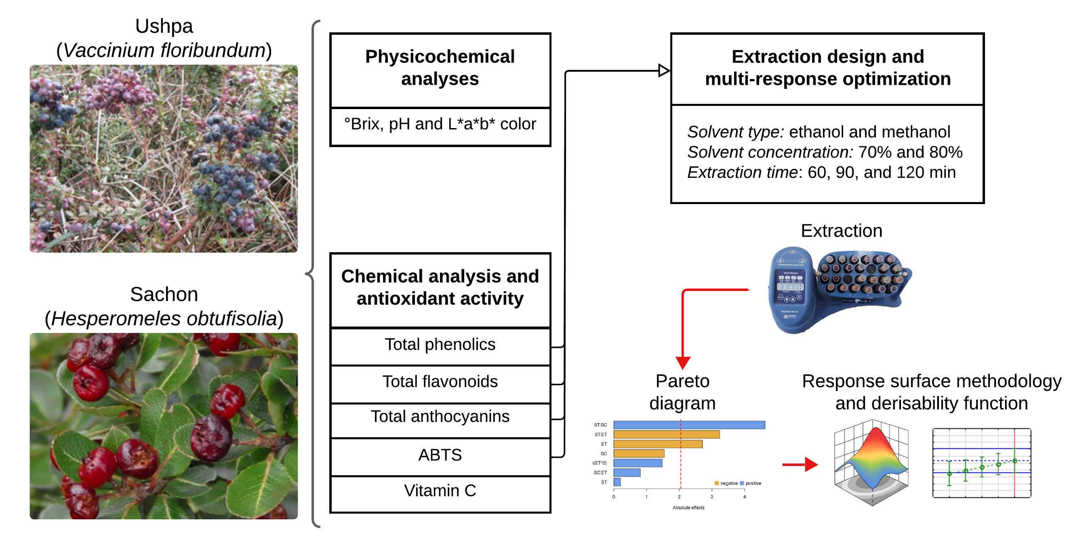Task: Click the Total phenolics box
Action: pyautogui.click(x=440, y=346)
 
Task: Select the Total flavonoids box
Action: pyautogui.click(x=440, y=382)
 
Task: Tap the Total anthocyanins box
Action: pyautogui.click(x=440, y=417)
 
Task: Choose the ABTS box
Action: pyautogui.click(x=440, y=455)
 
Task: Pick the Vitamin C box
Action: pyautogui.click(x=440, y=491)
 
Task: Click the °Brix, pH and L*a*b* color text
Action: pyautogui.click(x=440, y=124)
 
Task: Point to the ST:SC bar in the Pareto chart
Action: pyautogui.click(x=689, y=425)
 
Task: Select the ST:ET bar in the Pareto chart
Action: pyautogui.click(x=666, y=434)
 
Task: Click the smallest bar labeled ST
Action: pyautogui.click(x=617, y=482)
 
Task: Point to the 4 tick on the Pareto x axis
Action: pyautogui.click(x=745, y=497)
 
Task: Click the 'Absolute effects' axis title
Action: pyautogui.click(x=688, y=508)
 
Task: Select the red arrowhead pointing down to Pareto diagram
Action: pyautogui.click(x=683, y=362)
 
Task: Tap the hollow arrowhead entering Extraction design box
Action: pyautogui.click(x=663, y=70)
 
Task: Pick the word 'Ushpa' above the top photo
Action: pyautogui.click(x=164, y=26)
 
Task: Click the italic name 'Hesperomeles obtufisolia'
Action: pyautogui.click(x=164, y=319)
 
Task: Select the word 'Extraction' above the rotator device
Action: pyautogui.click(x=842, y=231)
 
